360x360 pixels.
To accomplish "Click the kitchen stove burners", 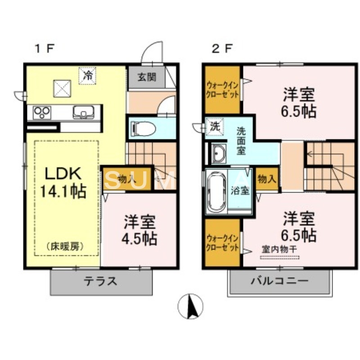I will [x=40, y=112].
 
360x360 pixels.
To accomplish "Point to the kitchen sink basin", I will [x=83, y=112].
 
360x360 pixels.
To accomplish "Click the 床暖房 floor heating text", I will [x=65, y=246].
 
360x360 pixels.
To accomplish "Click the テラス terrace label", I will [x=100, y=281].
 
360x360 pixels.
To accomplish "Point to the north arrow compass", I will [x=190, y=306].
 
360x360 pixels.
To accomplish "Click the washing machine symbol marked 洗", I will [x=215, y=126].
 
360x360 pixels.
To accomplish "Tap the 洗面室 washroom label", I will [x=242, y=140].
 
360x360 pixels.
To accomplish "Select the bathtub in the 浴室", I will [x=216, y=190].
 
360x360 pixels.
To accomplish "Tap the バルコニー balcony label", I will [x=279, y=281].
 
